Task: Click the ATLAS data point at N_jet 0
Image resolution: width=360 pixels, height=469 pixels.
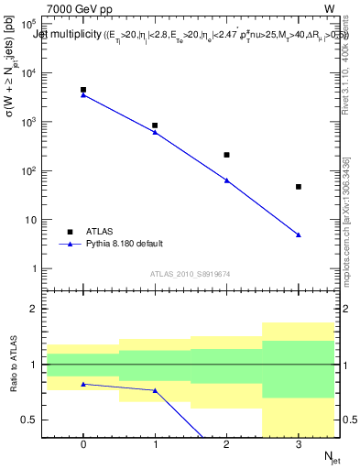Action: pyautogui.click(x=83, y=90)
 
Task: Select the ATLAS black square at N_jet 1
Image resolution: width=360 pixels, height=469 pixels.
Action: pyautogui.click(x=155, y=125)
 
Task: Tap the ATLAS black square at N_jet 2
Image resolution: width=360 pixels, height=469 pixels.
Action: pyautogui.click(x=226, y=155)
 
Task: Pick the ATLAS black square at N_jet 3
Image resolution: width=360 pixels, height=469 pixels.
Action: pyautogui.click(x=299, y=187)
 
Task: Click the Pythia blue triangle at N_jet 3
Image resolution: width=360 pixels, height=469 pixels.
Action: pyautogui.click(x=299, y=235)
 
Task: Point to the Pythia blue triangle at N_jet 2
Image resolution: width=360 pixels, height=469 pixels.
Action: pyautogui.click(x=226, y=180)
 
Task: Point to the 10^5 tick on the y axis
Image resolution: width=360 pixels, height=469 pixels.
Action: pyautogui.click(x=35, y=22)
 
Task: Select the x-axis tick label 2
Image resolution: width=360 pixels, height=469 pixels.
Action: pyautogui.click(x=226, y=444)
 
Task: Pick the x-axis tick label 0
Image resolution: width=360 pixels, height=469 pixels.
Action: pyautogui.click(x=83, y=444)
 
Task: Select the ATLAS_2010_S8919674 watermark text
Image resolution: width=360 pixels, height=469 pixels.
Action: pyautogui.click(x=191, y=274)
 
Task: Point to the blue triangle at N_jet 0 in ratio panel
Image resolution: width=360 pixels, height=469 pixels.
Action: pyautogui.click(x=83, y=384)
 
